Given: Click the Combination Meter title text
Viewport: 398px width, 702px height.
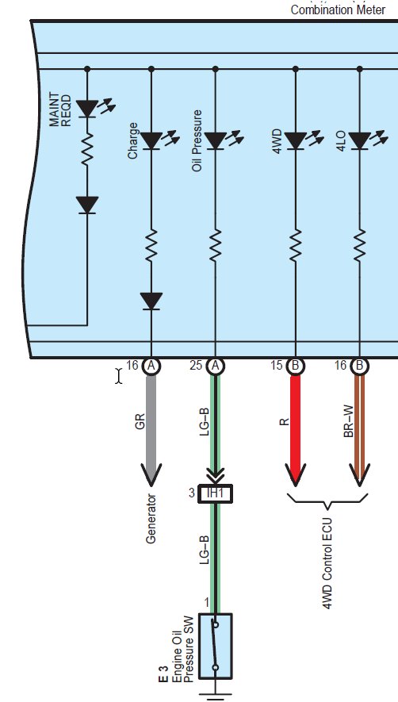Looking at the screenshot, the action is (338, 10).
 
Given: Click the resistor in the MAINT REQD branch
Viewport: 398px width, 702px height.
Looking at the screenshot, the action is (87, 148).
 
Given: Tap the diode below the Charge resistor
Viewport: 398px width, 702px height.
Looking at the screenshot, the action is (151, 301).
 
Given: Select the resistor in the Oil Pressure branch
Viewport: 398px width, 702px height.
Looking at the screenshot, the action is (216, 245).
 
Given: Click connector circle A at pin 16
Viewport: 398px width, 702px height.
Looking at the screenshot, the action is (151, 366).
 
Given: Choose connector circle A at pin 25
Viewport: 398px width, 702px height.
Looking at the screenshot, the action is (216, 366).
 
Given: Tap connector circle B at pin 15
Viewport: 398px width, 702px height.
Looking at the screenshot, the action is (296, 366).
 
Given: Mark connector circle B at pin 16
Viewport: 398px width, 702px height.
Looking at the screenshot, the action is (359, 366).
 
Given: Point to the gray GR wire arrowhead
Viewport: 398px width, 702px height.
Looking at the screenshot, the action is (151, 474).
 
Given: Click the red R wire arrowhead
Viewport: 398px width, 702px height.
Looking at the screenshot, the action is (296, 474).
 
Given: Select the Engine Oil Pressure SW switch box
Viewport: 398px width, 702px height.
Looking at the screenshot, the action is (216, 646).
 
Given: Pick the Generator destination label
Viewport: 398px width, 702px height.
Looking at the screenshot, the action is (151, 519).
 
